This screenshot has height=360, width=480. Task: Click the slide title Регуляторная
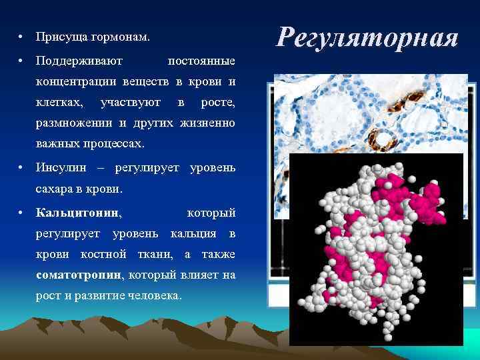[x=368, y=37]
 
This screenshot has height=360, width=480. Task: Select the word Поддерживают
[x=79, y=61]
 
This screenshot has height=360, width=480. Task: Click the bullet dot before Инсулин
[x=22, y=167]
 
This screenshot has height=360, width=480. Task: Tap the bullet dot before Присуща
[x=22, y=36]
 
